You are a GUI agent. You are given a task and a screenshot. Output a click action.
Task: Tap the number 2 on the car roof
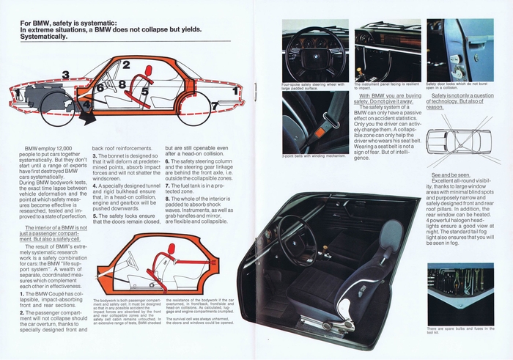tap(126, 65)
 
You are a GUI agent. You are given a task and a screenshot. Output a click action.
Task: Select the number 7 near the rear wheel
tap(214, 106)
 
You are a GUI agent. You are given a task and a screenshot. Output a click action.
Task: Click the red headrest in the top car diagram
tap(151, 71)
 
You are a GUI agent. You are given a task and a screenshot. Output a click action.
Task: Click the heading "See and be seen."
tap(450, 176)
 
